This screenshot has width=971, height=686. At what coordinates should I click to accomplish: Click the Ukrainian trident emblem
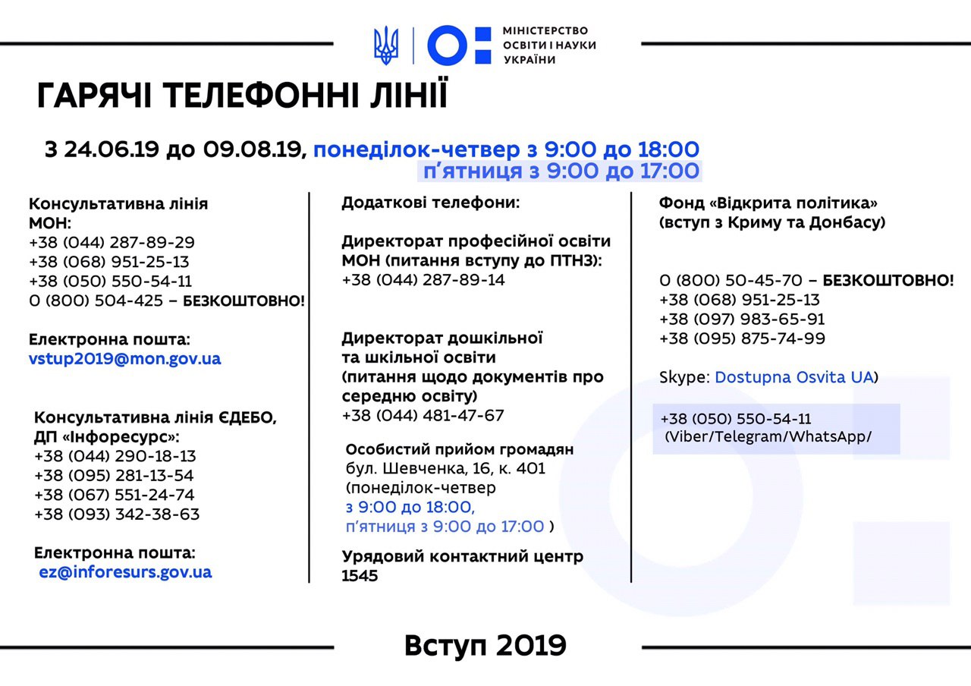[x=386, y=45]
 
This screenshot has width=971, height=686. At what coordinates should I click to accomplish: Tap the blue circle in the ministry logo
[x=445, y=45]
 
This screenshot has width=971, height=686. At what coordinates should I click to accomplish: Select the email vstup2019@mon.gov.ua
[x=125, y=359]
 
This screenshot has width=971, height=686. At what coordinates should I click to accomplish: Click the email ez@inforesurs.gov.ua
[x=125, y=572]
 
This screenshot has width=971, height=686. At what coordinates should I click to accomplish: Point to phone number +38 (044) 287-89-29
[x=112, y=243]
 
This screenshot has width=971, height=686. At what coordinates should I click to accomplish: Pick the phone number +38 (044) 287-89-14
[x=423, y=280]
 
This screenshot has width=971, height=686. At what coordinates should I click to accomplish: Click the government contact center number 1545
[x=360, y=576]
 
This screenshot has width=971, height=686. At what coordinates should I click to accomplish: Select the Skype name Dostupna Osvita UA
[x=794, y=377]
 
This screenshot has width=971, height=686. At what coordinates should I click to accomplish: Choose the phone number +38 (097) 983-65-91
[x=742, y=319]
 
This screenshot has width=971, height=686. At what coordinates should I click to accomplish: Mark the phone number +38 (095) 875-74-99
[x=742, y=338]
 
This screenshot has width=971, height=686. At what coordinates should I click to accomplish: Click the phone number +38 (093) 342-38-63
[x=117, y=514]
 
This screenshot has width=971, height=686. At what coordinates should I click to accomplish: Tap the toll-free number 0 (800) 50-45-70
[x=730, y=281]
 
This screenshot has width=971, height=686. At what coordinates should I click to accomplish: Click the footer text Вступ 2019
[x=485, y=646]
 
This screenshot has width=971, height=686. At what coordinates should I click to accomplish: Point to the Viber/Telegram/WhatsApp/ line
[x=768, y=438]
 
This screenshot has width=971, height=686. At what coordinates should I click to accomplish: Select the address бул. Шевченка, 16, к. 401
[x=445, y=468]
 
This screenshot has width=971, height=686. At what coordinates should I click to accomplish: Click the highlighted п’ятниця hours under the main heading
[x=559, y=171]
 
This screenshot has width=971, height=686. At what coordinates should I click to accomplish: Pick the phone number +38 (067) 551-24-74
[x=115, y=495]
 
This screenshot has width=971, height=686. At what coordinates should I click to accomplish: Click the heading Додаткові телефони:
[x=431, y=203]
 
